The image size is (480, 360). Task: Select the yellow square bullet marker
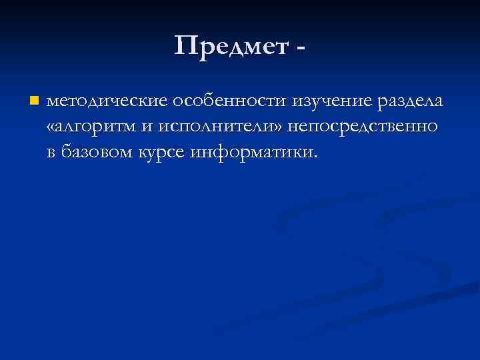(x=35, y=101)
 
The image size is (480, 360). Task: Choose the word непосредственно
(x=362, y=127)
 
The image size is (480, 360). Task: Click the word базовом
(x=105, y=152)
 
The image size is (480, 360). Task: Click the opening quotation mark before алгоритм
(x=52, y=128)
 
